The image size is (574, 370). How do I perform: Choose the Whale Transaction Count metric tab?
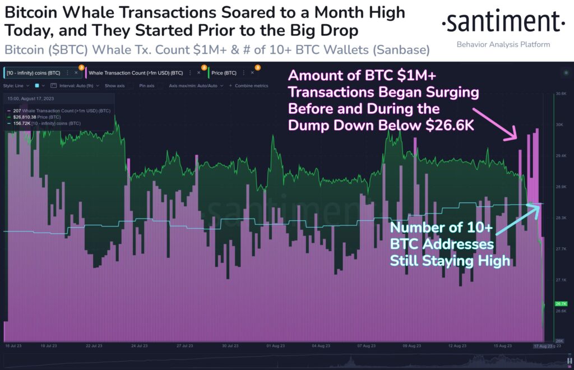point(136,72)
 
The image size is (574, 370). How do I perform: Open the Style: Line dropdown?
point(17,86)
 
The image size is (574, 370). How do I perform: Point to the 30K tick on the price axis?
point(559,124)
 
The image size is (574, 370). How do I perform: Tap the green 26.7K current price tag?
point(561,303)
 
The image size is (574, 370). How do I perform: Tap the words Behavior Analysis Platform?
point(503,44)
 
